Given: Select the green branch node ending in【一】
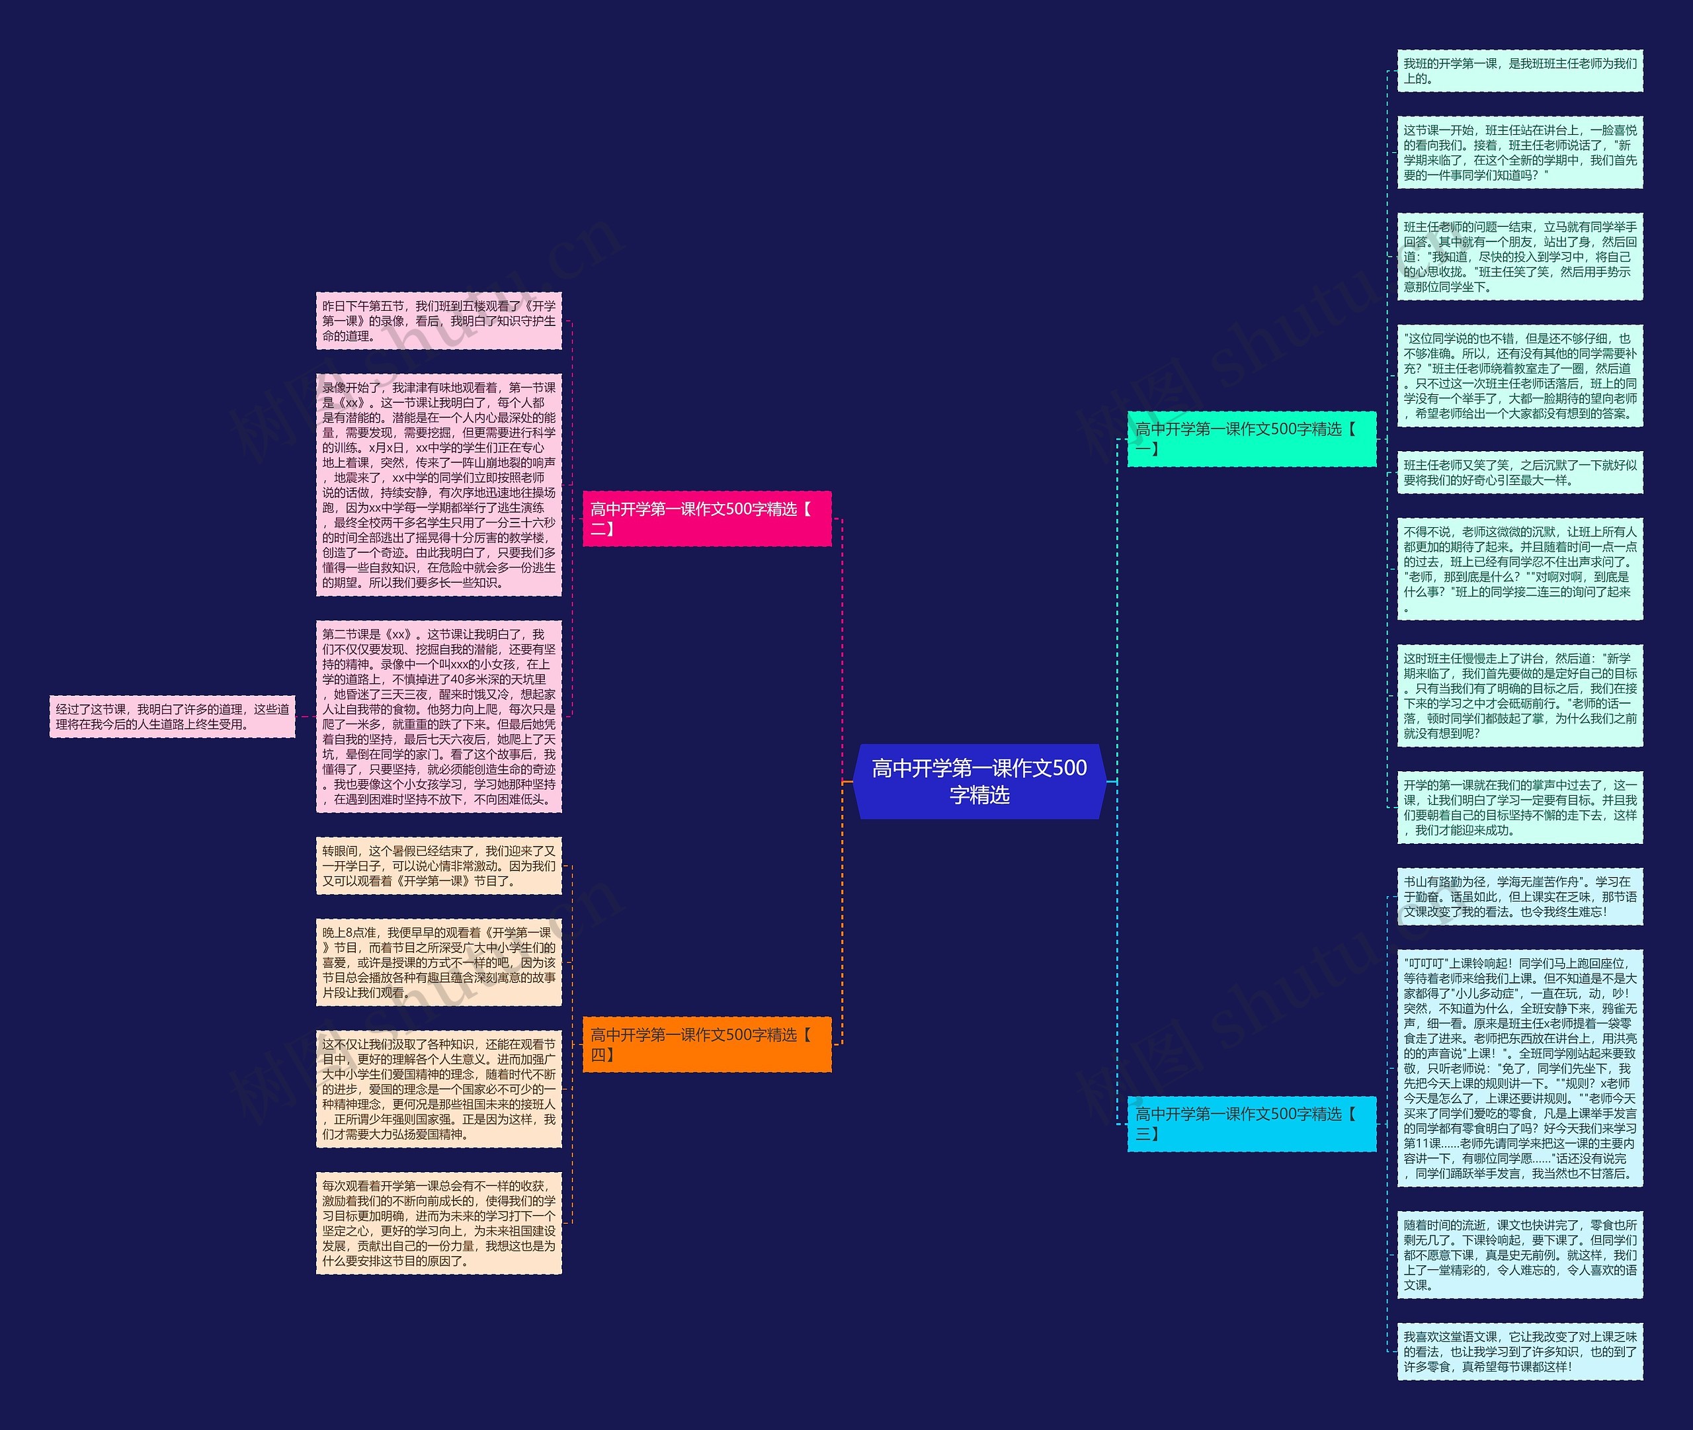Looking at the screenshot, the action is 1251,439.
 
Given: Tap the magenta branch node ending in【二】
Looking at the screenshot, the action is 707,519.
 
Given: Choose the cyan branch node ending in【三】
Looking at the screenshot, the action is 1251,1124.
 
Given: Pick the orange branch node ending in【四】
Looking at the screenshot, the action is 707,1044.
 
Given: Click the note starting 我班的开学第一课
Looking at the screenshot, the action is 1520,71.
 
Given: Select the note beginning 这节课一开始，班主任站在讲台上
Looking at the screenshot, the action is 1520,152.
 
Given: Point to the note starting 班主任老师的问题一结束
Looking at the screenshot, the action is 1520,256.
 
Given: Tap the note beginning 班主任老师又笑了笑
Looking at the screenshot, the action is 1520,473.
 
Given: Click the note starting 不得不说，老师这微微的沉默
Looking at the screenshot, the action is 1520,569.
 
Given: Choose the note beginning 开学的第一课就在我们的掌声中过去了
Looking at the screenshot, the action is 1520,808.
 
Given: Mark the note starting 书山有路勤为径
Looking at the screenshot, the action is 1520,897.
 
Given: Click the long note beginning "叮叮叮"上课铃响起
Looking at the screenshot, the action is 1520,1068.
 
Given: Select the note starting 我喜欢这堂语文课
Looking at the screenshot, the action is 1520,1351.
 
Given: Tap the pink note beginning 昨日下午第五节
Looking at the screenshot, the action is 438,321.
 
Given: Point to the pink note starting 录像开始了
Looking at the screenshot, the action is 438,485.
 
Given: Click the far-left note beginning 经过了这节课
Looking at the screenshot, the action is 172,716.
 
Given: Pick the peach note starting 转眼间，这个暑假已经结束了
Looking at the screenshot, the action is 438,866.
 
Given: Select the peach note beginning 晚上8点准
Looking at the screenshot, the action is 438,962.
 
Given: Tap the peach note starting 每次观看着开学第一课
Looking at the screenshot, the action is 438,1222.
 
